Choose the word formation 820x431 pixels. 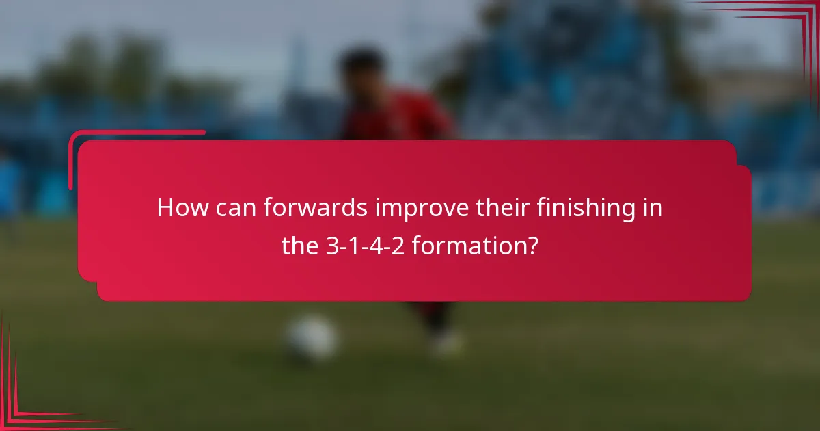465,246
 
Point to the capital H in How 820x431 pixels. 165,208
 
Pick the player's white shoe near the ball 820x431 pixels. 448,342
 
